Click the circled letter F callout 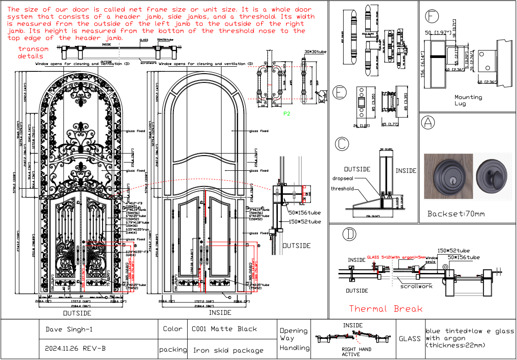tap(431, 16)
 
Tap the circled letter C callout tap(341, 144)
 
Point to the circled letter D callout tap(350, 234)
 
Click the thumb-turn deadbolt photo tap(492, 175)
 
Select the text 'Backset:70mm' tap(456, 214)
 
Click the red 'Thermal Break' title tap(385, 308)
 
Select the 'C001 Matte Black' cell tap(224, 329)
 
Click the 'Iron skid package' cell tap(228, 350)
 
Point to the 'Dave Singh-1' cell tap(69, 329)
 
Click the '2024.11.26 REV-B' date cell tap(75, 348)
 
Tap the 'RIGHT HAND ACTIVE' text tap(356, 352)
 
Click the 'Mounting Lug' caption tap(468, 100)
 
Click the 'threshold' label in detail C tap(343, 188)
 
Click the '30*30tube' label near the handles tap(316, 52)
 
